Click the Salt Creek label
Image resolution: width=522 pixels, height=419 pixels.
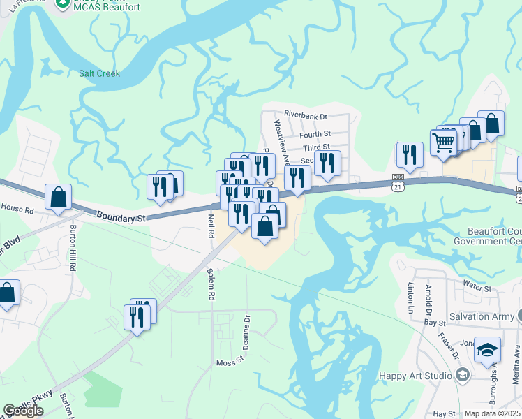tap(99, 73)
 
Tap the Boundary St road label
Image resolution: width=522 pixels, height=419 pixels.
tap(121, 219)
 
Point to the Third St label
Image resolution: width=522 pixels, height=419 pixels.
tap(315, 148)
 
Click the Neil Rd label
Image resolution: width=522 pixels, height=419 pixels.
tap(211, 226)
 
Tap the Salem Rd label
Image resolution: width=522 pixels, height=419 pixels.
tap(211, 285)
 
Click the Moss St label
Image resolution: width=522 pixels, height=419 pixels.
tap(229, 362)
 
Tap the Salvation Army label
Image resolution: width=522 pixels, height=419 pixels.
tap(480, 316)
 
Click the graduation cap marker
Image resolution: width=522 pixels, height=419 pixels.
tap(487, 348)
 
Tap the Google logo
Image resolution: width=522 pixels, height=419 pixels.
tap(23, 411)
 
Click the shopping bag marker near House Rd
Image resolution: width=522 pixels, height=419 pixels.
tap(58, 197)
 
